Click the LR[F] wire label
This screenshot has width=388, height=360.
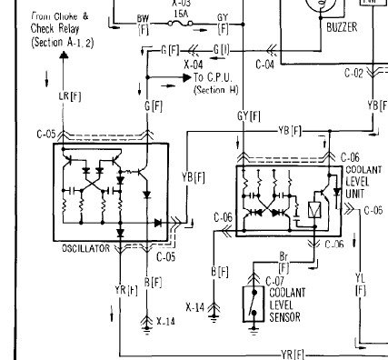point(67,95)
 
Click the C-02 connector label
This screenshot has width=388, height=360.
point(353,72)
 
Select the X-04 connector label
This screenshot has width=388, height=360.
point(193,65)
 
